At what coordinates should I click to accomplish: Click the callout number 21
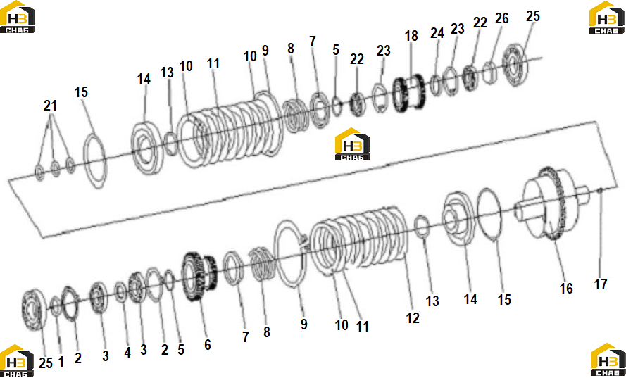click(x=50, y=106)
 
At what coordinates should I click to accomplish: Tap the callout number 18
click(x=411, y=35)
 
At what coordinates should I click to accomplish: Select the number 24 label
click(x=437, y=33)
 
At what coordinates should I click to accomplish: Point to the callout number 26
click(x=502, y=18)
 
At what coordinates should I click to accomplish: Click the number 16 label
click(x=566, y=288)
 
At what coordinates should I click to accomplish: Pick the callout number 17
click(x=601, y=284)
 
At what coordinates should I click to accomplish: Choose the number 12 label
click(x=413, y=317)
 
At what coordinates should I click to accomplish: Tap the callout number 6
click(x=207, y=344)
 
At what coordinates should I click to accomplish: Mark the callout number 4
click(x=127, y=353)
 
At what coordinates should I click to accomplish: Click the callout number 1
click(x=61, y=362)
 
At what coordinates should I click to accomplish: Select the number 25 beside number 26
click(x=532, y=16)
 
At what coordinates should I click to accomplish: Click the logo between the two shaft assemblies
click(x=353, y=144)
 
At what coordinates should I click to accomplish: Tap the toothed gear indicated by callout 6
click(x=199, y=276)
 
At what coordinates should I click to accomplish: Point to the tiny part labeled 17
click(x=600, y=191)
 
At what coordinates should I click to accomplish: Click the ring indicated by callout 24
click(x=435, y=85)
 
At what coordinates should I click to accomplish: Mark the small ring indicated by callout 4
click(x=120, y=292)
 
